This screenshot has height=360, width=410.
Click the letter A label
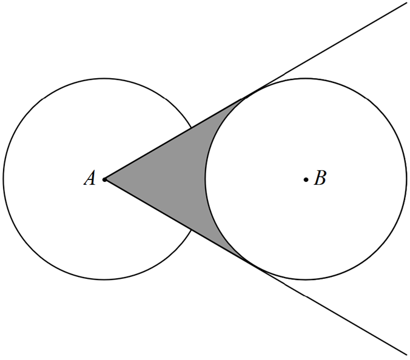[x=90, y=178]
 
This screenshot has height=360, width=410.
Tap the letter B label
[x=320, y=178]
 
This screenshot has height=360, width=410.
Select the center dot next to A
[x=104, y=179]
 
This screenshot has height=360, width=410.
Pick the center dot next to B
[x=306, y=179]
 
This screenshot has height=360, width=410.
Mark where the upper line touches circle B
[x=255, y=92]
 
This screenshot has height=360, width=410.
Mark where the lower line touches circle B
[x=255, y=267]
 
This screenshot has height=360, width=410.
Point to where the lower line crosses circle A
[x=192, y=230]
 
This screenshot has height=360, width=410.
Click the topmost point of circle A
[x=104, y=78]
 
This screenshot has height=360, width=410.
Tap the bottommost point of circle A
[x=104, y=280]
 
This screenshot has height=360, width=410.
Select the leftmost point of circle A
[x=3, y=179]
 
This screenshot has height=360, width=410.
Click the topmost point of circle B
[x=306, y=78]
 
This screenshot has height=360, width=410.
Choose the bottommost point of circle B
[x=306, y=280]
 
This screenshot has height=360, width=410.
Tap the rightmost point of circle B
[x=407, y=179]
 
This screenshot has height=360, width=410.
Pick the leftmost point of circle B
[x=205, y=179]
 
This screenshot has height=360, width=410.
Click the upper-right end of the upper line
[x=406, y=4]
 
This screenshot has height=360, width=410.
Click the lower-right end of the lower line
[x=407, y=355]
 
